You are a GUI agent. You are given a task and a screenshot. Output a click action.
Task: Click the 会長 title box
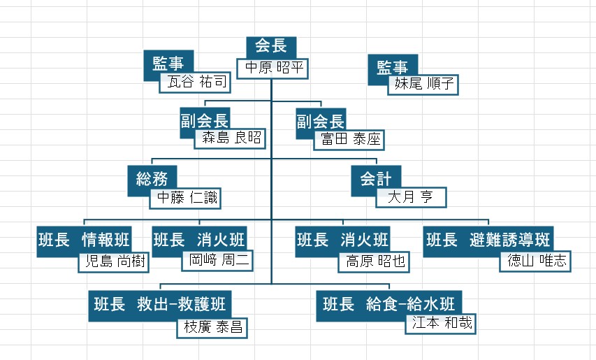pos(271,47)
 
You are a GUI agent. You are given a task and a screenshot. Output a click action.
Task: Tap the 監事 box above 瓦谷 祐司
pos(168,63)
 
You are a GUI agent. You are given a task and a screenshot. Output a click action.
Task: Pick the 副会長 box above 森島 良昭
pos(205,122)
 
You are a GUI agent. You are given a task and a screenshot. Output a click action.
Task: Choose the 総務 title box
pos(152,179)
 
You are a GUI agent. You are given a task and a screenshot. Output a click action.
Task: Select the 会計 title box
pos(376,179)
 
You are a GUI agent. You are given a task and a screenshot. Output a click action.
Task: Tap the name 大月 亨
pos(411,197)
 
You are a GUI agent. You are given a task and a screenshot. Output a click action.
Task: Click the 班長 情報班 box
pos(84,240)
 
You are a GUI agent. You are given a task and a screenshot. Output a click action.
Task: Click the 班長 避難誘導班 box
pos(488,240)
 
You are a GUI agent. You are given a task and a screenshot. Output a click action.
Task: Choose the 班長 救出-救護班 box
pos(160,305)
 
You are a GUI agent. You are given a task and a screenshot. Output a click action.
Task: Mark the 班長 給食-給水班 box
pos(389,305)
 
